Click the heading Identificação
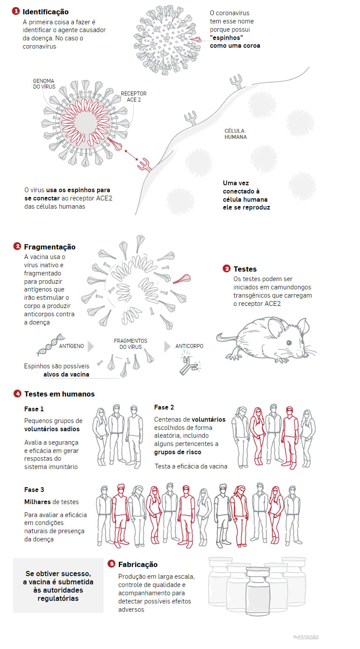pyautogui.click(x=45, y=12)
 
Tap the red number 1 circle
pyautogui.click(x=16, y=11)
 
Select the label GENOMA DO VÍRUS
pyautogui.click(x=43, y=84)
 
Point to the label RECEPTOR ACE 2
pyautogui.click(x=133, y=96)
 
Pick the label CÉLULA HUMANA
pyautogui.click(x=236, y=134)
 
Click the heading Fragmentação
pyautogui.click(x=49, y=247)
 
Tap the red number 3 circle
pyautogui.click(x=226, y=269)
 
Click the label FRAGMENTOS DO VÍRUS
pyautogui.click(x=131, y=344)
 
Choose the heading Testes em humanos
pyautogui.click(x=59, y=394)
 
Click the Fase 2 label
pyautogui.click(x=164, y=407)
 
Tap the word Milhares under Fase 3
pyautogui.click(x=37, y=501)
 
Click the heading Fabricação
pyautogui.click(x=137, y=564)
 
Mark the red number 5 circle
pyautogui.click(x=111, y=564)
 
